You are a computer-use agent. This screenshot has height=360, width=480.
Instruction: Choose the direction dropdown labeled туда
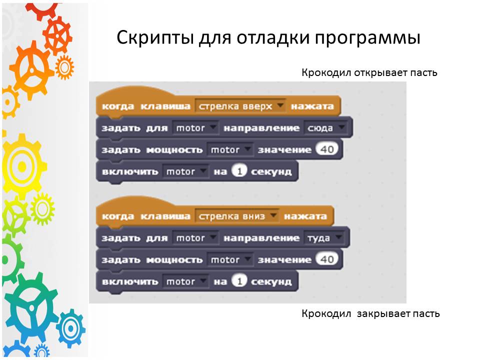[323, 238]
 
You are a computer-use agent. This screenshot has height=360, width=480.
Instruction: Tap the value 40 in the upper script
[327, 149]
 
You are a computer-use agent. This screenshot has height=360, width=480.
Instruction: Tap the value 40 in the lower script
[327, 259]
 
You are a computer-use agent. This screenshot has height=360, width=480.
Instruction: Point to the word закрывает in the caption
[380, 314]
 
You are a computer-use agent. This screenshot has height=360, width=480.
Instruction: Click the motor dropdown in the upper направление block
[195, 128]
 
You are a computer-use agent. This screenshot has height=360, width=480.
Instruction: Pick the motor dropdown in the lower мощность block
[229, 259]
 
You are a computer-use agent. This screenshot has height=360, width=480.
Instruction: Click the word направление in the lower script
[261, 238]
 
